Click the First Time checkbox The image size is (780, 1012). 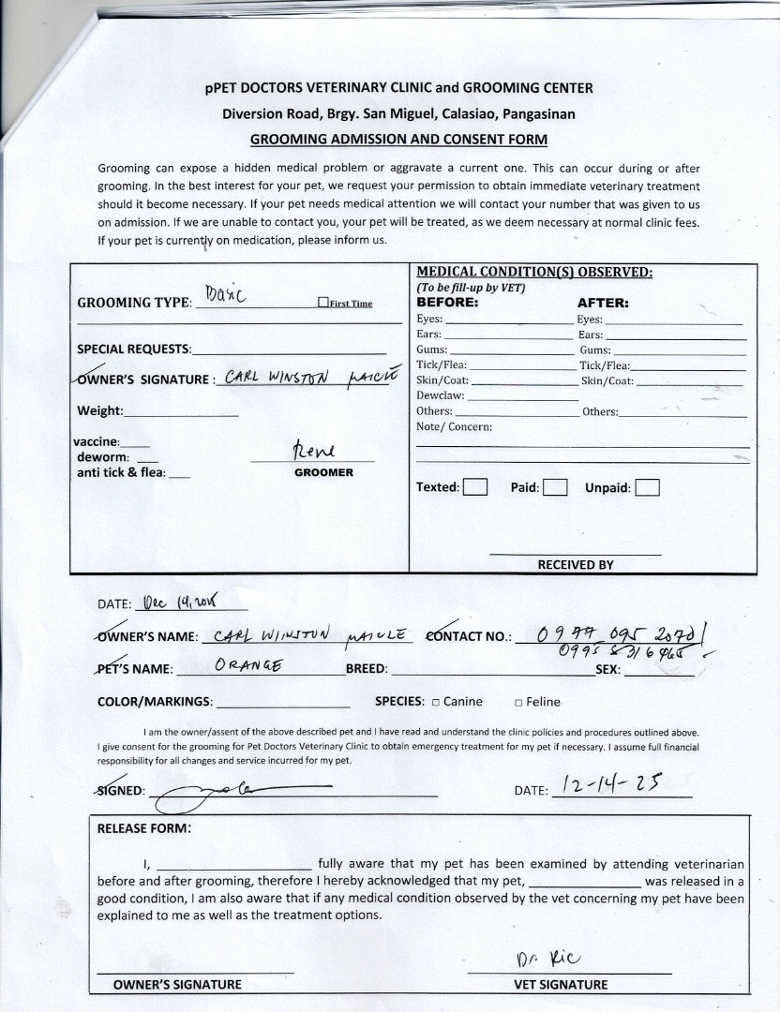323,303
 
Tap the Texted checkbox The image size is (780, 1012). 475,487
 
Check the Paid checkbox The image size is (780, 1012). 555,487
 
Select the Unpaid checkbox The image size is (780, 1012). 647,487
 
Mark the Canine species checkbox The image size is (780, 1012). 436,702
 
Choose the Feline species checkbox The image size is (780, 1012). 518,702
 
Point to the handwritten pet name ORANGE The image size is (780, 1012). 248,667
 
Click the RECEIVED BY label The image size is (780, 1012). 575,565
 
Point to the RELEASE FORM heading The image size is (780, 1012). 144,828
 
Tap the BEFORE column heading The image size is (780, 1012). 447,303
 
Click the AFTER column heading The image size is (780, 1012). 603,303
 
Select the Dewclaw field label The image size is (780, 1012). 441,395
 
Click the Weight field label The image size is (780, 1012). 99,410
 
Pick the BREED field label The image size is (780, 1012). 367,669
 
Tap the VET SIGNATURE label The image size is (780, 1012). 561,985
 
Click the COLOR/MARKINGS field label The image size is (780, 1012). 155,701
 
